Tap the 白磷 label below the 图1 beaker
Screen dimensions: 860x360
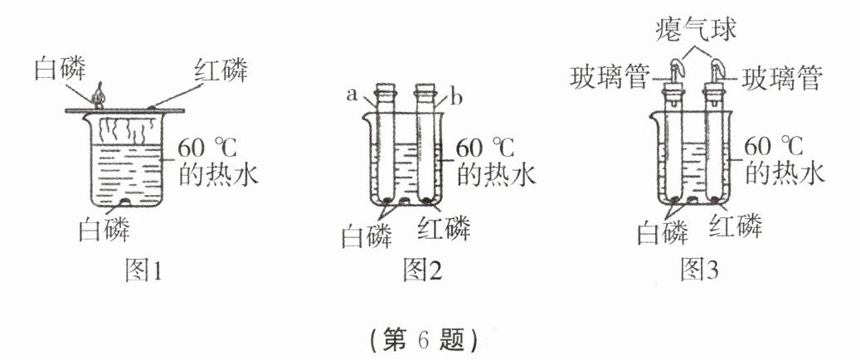[x=104, y=226]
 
